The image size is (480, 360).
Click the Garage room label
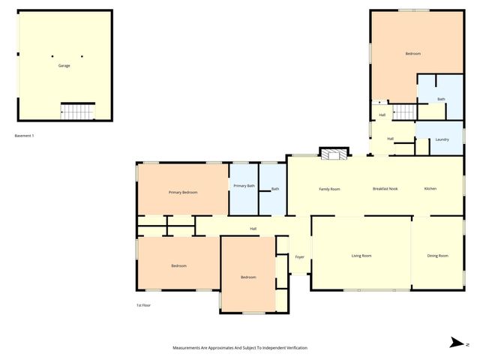click(64, 66)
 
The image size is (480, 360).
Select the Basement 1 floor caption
click(25, 136)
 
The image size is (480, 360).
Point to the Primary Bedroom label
click(183, 193)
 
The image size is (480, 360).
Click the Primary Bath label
click(244, 186)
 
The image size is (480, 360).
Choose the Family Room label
click(329, 189)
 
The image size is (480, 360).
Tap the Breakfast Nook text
click(385, 189)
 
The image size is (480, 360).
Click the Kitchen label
click(430, 188)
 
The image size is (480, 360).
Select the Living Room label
click(361, 256)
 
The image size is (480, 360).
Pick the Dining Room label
click(438, 256)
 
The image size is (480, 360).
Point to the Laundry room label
click(442, 139)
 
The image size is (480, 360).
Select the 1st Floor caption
click(144, 305)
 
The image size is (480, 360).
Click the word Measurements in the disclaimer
click(189, 348)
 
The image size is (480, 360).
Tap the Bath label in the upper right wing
click(442, 99)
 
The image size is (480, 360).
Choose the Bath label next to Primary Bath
click(275, 189)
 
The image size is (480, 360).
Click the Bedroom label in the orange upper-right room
click(412, 54)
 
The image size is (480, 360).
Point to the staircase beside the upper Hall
click(404, 112)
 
